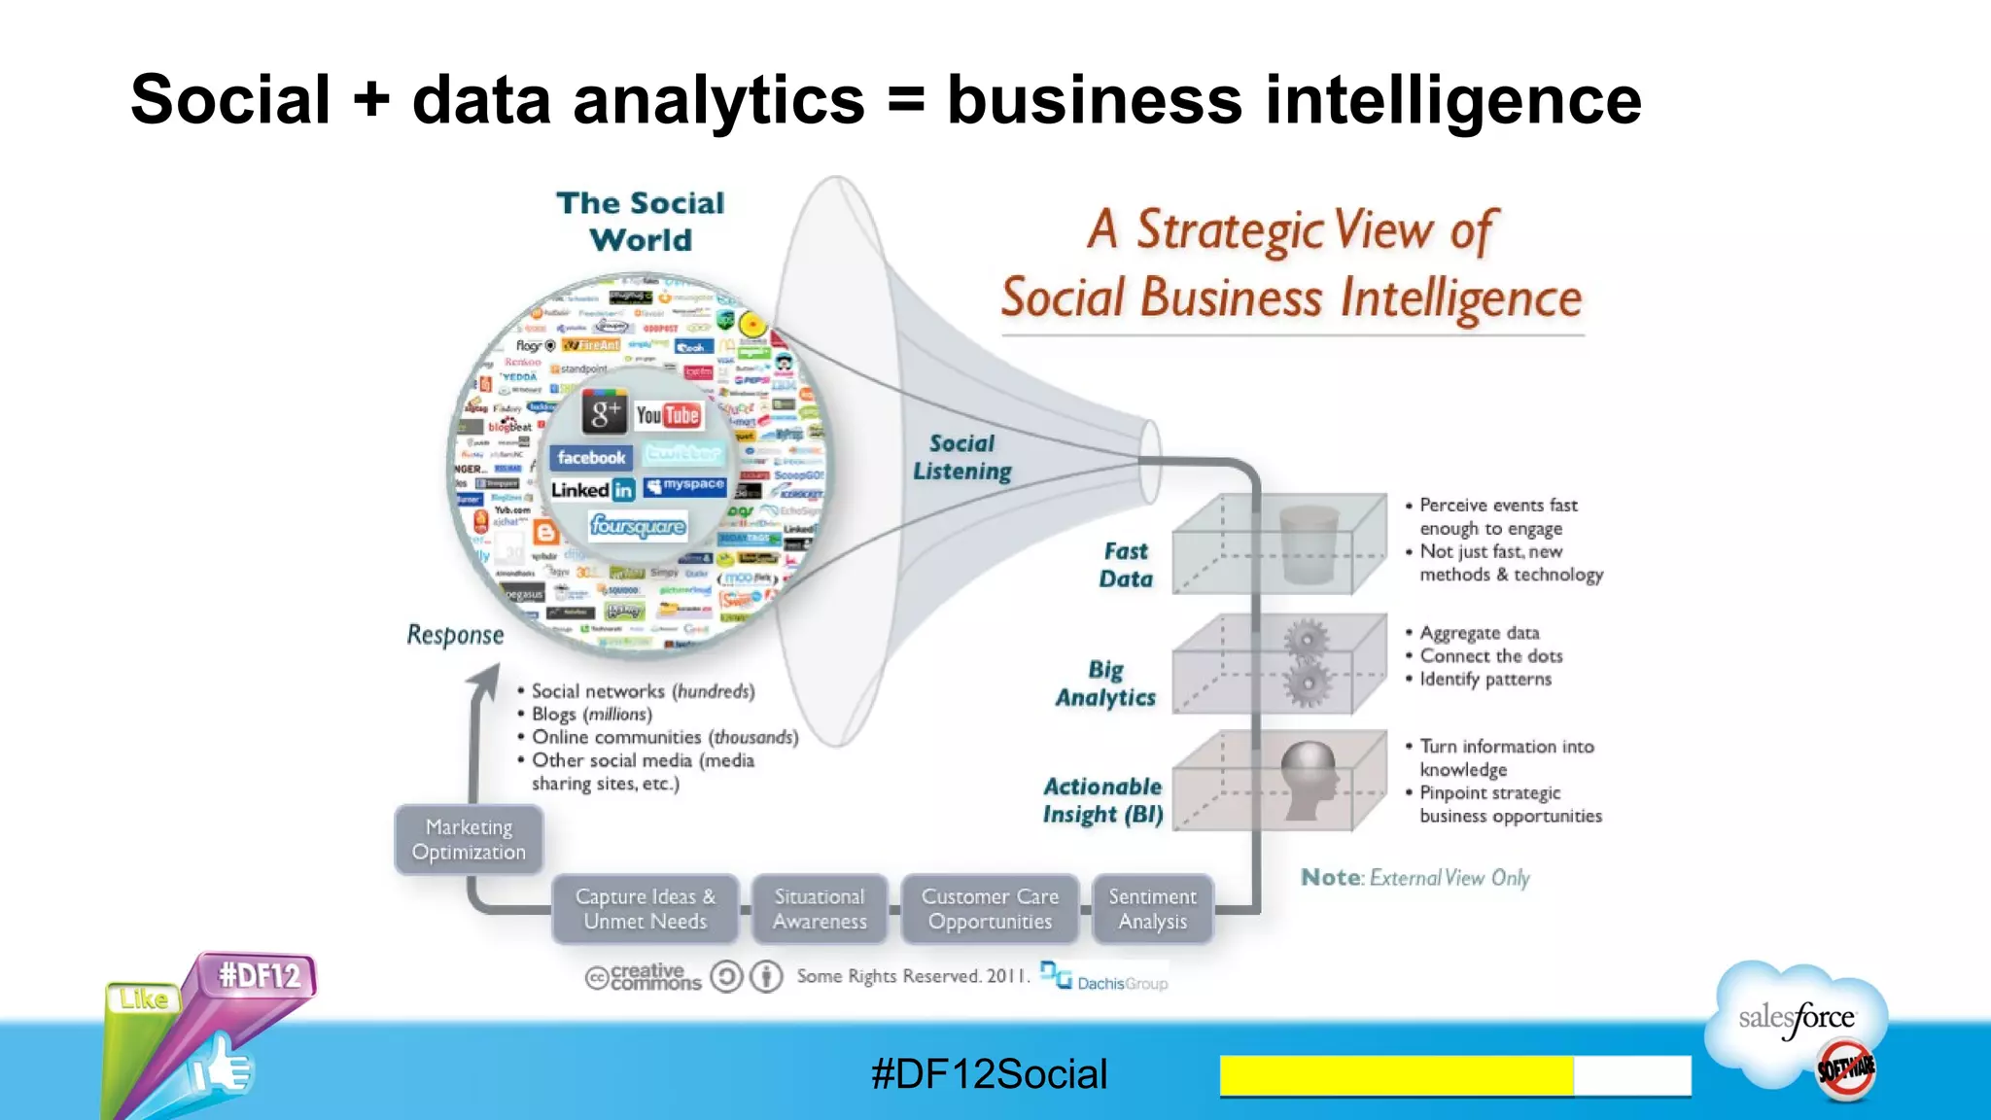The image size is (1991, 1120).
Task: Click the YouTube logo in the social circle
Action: (x=668, y=416)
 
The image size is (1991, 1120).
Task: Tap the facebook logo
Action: (x=591, y=458)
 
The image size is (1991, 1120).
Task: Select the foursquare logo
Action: (x=638, y=526)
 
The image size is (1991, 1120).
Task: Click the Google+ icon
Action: (x=605, y=413)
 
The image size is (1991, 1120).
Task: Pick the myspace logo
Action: (x=685, y=485)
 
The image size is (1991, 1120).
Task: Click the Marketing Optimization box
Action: (x=469, y=840)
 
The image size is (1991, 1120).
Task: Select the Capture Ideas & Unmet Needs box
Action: (x=646, y=909)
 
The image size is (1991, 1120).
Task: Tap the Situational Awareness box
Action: (x=820, y=909)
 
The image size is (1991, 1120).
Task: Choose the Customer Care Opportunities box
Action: (x=990, y=909)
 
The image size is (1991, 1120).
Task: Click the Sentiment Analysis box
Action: (x=1153, y=909)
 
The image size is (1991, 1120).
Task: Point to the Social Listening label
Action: (x=962, y=458)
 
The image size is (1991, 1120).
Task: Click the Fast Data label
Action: (x=1126, y=565)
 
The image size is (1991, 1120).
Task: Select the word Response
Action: (x=455, y=635)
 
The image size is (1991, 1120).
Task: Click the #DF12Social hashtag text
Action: (x=989, y=1074)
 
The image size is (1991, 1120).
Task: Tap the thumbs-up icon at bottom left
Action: (x=222, y=1069)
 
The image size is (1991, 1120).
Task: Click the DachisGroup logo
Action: (x=1104, y=978)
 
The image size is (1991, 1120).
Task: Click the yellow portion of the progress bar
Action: (x=1396, y=1075)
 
